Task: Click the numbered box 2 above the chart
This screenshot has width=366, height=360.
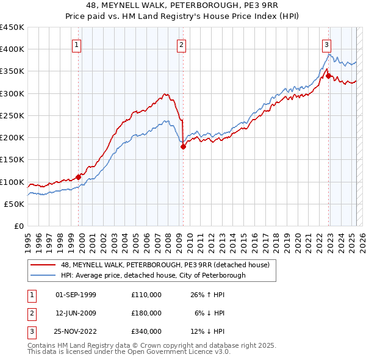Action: click(182, 44)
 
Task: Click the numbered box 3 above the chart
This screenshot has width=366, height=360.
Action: click(327, 44)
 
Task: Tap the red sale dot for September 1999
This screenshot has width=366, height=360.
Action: click(78, 177)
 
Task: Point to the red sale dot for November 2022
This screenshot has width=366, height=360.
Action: click(328, 76)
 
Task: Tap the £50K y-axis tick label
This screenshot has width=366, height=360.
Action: click(15, 204)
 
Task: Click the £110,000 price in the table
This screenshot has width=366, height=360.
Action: click(146, 295)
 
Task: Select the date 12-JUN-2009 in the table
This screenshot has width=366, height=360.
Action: click(76, 313)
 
